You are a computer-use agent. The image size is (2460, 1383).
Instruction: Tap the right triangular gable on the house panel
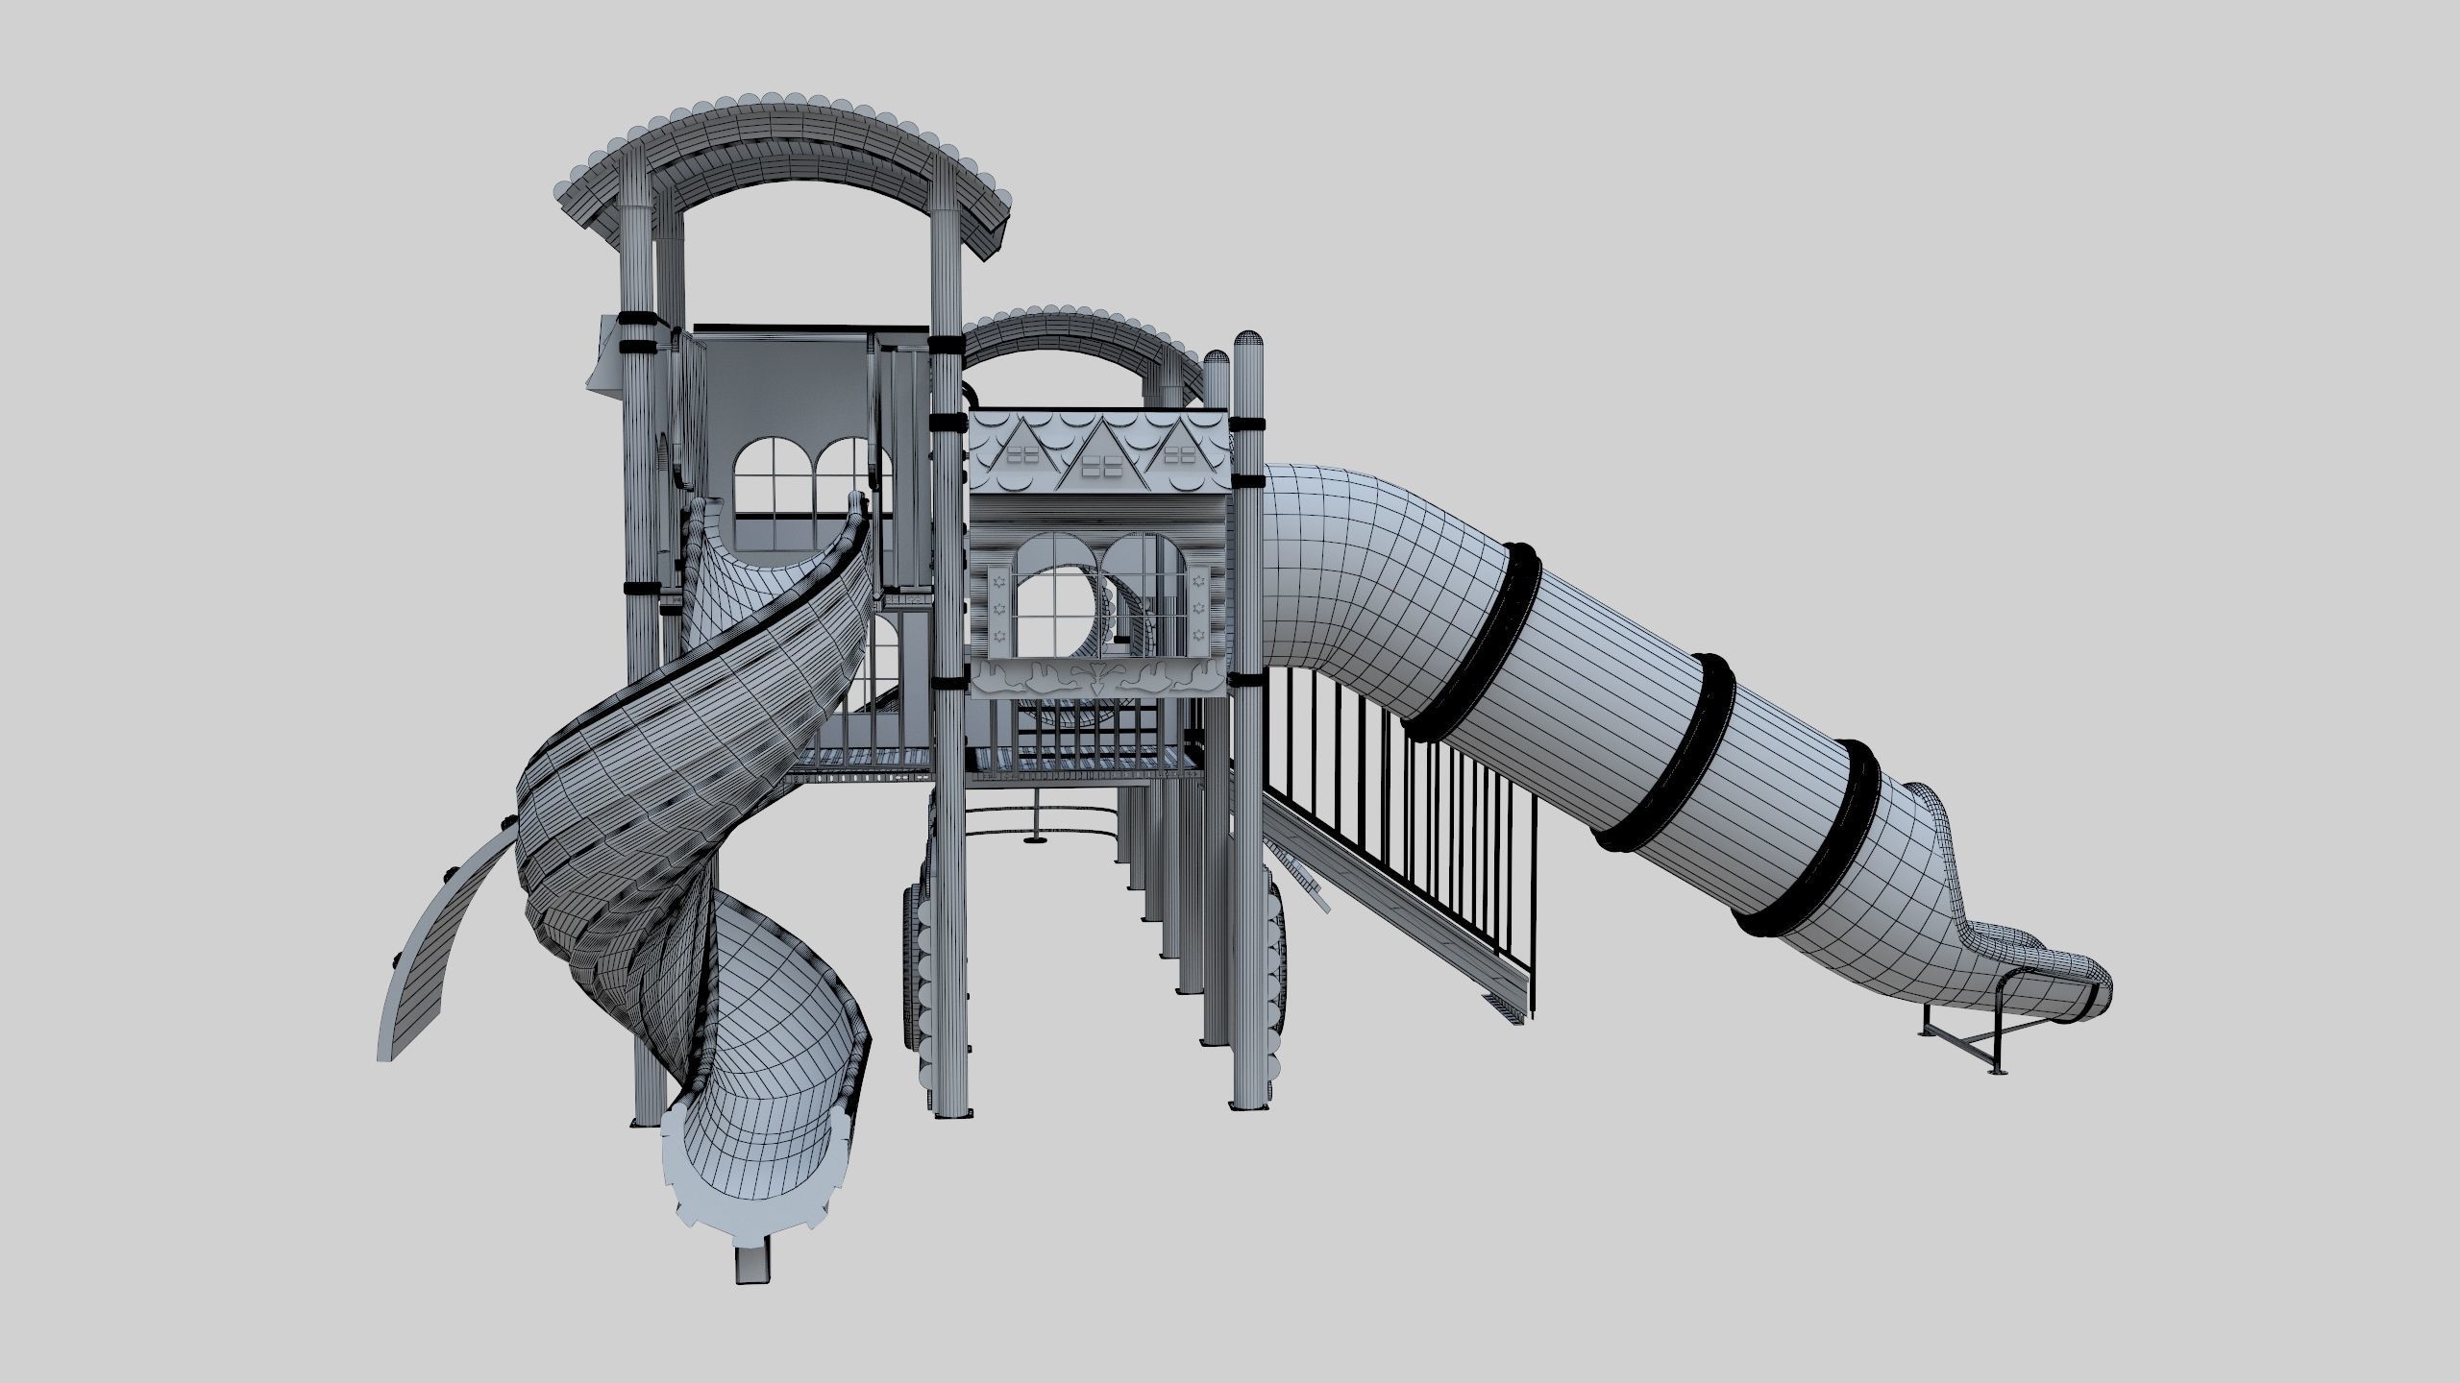click(1176, 460)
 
